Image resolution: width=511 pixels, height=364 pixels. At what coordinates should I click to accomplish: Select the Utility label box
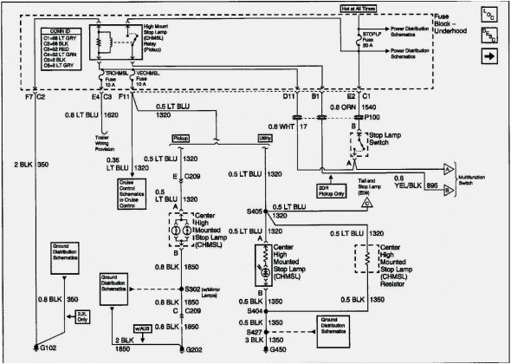coord(265,138)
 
